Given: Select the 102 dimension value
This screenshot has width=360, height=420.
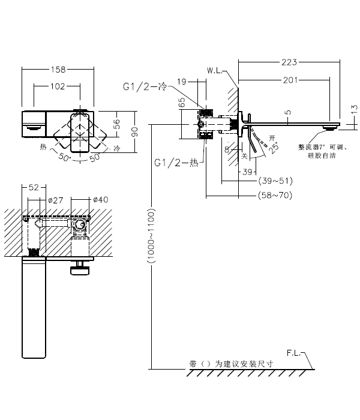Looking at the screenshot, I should [57, 86].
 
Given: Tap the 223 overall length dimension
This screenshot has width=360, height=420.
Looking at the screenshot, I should [289, 61].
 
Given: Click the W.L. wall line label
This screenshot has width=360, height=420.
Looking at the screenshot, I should [215, 70].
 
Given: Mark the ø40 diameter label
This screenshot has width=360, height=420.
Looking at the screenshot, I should [100, 200].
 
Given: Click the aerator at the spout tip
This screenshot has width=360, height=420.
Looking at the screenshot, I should [329, 128].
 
